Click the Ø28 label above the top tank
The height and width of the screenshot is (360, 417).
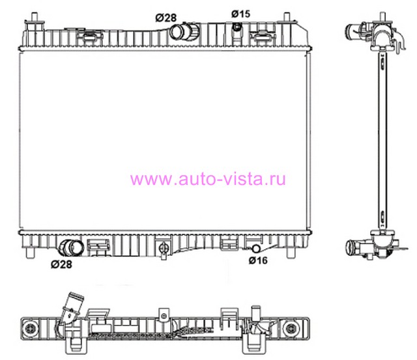point(166,18)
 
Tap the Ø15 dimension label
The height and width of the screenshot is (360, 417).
point(240,14)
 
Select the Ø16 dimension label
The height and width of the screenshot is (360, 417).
point(258,260)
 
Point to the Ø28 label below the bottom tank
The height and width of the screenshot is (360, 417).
point(61,264)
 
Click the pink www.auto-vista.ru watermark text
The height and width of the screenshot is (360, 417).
point(208,179)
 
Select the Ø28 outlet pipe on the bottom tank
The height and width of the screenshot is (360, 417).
point(71,248)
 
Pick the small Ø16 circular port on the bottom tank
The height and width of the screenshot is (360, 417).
point(256,249)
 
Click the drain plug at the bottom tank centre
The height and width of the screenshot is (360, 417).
point(164,249)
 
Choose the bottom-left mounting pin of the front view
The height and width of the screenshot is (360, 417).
point(30,253)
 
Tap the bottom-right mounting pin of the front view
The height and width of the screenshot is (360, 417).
point(291,253)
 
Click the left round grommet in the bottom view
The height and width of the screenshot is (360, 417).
point(29,329)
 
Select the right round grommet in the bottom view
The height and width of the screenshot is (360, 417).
point(291,329)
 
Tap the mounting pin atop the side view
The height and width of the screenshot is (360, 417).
point(382,16)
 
